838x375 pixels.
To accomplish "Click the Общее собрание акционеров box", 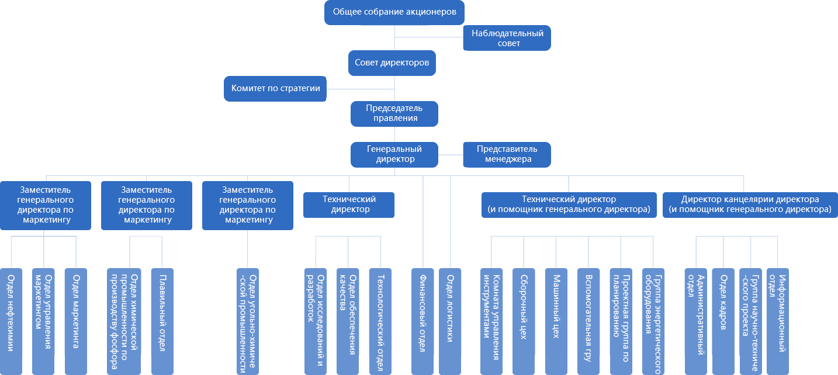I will tap(394, 12).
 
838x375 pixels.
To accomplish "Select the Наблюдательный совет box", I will tap(508, 39).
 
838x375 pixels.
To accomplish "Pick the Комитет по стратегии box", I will tap(276, 88).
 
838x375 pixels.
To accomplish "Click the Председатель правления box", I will tap(394, 113).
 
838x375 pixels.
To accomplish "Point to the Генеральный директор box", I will tap(394, 154).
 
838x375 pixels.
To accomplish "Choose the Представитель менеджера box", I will tap(508, 154).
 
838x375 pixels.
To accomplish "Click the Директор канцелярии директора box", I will tap(750, 204).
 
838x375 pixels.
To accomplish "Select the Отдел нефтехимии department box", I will tap(11, 320).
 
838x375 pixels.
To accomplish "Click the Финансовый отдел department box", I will tap(422, 320).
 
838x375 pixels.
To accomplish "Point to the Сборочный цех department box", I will tap(523, 320).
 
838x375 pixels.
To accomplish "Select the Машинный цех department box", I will tap(556, 320).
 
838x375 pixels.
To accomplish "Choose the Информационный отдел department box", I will tap(778, 320).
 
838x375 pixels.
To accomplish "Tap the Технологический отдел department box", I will tap(380, 320).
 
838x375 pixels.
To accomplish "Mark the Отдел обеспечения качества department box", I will tap(348, 320).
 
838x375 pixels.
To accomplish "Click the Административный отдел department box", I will tap(695, 320).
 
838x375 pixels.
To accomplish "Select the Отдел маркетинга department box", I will tap(75, 320).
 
